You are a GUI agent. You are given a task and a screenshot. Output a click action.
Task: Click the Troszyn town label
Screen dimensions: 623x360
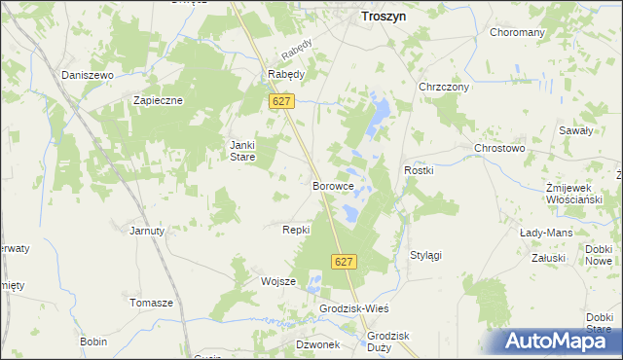[x=384, y=17]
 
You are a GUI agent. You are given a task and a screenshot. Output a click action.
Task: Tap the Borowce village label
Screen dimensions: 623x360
[x=331, y=185]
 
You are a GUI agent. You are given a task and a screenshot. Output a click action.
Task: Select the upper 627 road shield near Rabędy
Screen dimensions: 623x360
[x=282, y=102]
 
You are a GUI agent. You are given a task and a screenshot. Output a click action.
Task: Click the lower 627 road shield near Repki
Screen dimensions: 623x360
[x=345, y=262]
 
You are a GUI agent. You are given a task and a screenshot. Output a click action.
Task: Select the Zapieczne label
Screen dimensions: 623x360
[x=159, y=100]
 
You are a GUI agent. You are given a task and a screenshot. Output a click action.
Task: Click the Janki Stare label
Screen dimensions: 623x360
[x=241, y=151]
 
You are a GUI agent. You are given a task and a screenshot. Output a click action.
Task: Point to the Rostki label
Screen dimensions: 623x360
[x=419, y=171]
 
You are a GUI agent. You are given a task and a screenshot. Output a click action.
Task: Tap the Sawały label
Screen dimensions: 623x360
[x=575, y=129]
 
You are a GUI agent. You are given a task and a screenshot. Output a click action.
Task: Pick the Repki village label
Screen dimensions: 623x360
[x=295, y=230]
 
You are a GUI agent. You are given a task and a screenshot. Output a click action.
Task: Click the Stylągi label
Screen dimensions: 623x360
[x=425, y=255]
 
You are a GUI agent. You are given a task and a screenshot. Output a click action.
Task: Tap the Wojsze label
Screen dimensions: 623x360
[x=277, y=281]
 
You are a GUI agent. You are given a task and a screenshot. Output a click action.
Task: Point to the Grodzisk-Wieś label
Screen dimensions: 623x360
[x=354, y=308]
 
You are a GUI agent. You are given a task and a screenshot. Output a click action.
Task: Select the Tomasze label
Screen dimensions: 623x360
[x=151, y=303]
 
